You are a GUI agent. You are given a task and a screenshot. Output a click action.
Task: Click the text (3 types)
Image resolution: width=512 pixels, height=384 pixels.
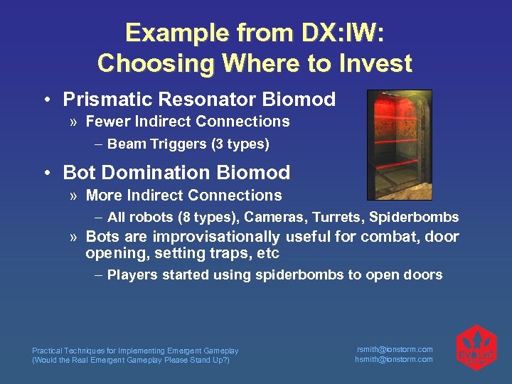pos(240,144)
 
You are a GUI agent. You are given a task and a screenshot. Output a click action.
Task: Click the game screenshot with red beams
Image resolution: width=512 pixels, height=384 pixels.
pos(399,144)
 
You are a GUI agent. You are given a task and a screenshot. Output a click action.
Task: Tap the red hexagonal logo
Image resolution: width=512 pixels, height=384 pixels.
pos(475,349)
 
